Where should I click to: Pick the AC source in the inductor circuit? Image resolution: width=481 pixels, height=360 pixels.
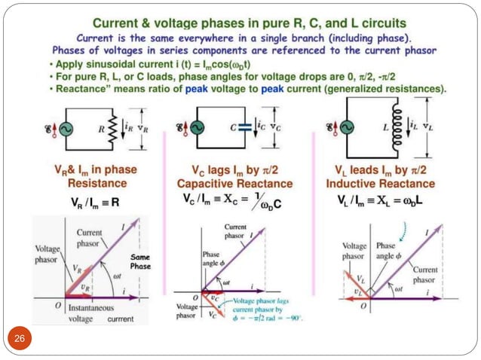click(350, 129)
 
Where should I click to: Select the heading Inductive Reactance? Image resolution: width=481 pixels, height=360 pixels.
click(381, 184)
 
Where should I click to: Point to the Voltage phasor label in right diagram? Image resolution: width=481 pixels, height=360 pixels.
click(354, 251)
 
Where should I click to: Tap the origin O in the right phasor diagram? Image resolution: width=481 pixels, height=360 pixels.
click(363, 306)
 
